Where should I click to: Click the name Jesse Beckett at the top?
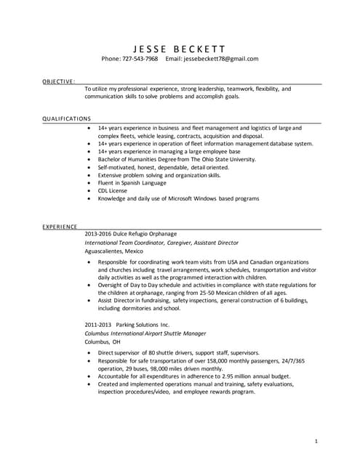180,46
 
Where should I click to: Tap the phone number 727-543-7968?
140,59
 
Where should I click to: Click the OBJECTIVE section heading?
57,82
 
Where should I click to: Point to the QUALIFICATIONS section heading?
66,118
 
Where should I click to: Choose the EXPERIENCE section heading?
60,227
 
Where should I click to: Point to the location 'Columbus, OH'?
103,341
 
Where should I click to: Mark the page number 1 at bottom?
316,440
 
